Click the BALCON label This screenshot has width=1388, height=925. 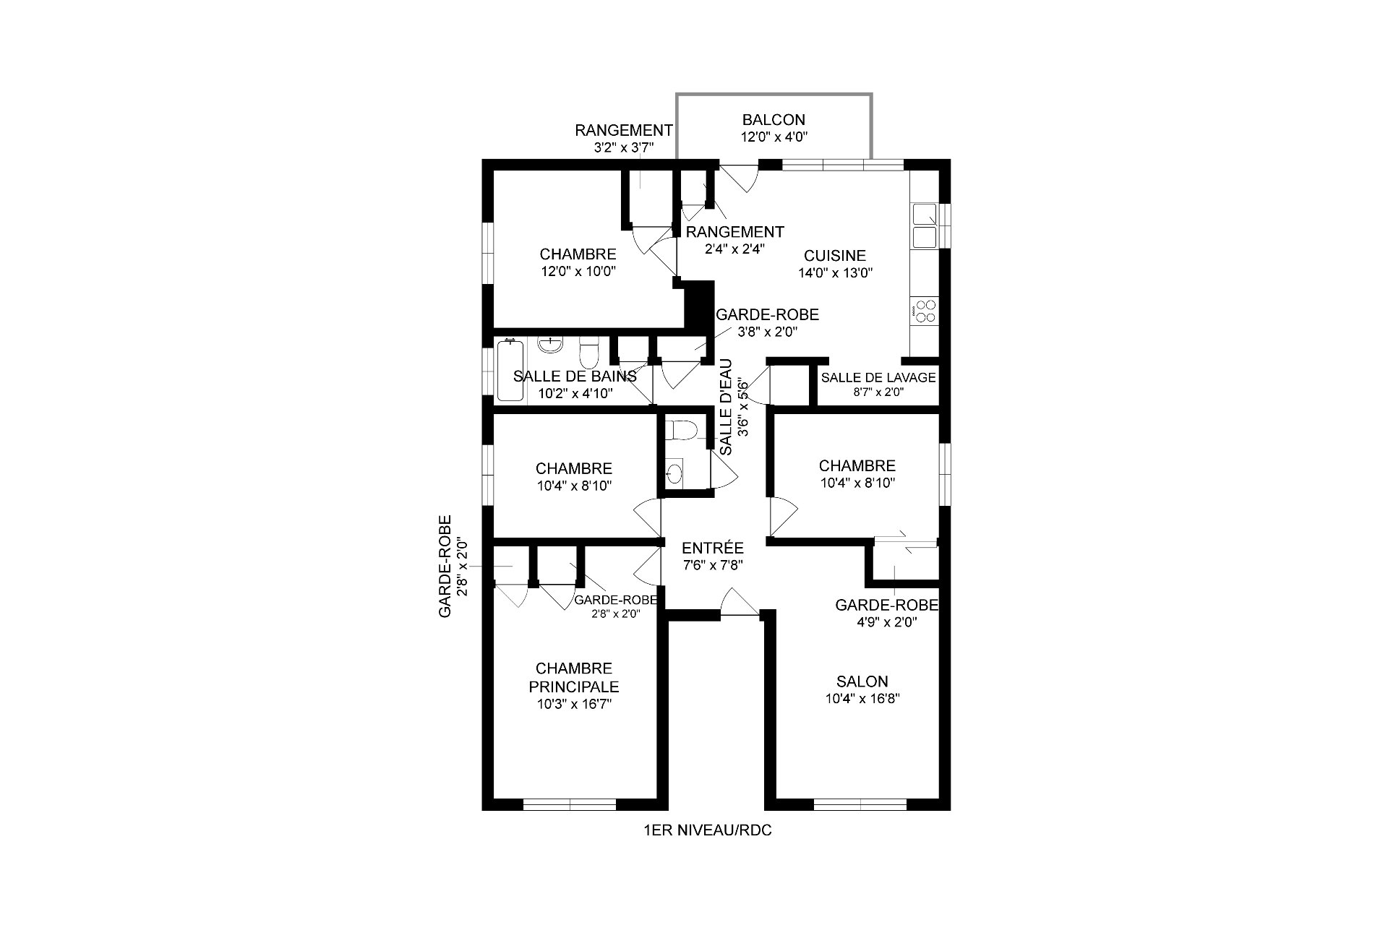point(774,120)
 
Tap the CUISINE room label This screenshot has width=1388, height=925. point(835,256)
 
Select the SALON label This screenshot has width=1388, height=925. point(862,681)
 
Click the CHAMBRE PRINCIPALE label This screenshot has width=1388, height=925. point(574,678)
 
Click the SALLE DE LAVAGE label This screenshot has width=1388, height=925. point(878,377)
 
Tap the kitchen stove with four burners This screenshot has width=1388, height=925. point(924,311)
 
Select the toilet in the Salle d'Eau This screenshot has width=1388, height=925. point(681,431)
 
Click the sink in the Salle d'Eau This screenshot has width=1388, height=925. point(674,473)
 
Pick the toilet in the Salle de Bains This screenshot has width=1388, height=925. point(590,353)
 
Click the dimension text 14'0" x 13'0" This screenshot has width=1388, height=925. point(836,273)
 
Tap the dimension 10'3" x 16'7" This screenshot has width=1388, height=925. point(574,705)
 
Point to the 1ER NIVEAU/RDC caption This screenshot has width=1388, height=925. point(707,830)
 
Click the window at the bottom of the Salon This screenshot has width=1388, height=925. point(860,804)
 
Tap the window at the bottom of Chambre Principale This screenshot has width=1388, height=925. point(570,804)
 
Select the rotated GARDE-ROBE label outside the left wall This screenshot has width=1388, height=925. point(445,566)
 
